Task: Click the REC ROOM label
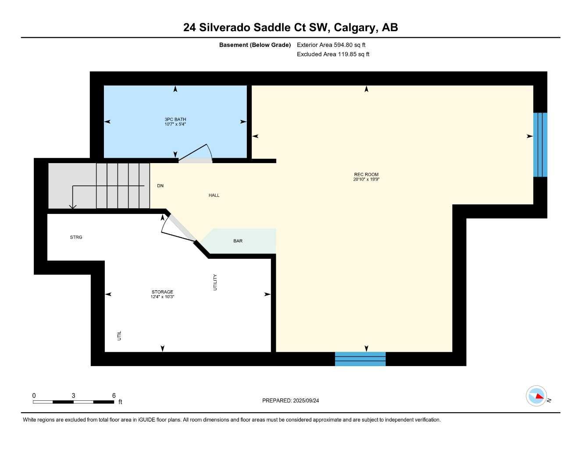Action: tap(366, 175)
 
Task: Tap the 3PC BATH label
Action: tap(175, 119)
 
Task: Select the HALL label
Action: tap(214, 196)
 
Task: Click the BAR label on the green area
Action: tap(238, 241)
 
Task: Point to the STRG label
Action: tap(76, 237)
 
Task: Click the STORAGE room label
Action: tap(162, 292)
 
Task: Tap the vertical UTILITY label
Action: tap(215, 282)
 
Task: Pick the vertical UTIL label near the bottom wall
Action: tap(119, 336)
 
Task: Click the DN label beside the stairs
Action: tap(160, 186)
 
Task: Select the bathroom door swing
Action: tap(197, 153)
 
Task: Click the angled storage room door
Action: tap(180, 228)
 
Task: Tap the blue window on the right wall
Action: tap(540, 145)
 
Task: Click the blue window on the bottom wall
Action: tap(360, 359)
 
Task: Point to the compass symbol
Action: tap(537, 396)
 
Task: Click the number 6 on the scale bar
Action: tap(114, 396)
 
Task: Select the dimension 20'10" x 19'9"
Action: tap(366, 179)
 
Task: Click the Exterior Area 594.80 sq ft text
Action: tap(331, 45)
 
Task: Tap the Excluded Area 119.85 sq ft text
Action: tap(333, 54)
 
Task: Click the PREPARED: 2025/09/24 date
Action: tap(290, 401)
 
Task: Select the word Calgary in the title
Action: tap(355, 28)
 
